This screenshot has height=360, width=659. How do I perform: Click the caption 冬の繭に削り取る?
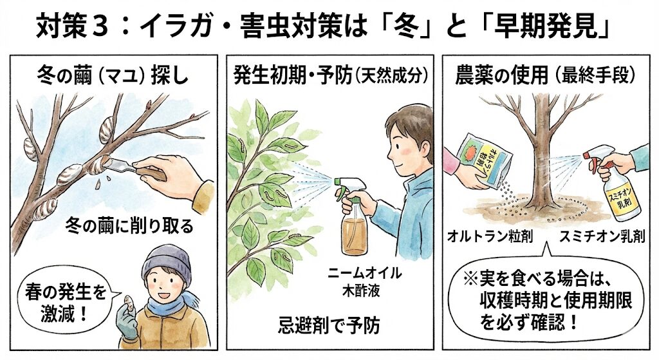129,227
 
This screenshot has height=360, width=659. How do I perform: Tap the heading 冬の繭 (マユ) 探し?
113,77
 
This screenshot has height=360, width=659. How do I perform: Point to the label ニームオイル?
364,273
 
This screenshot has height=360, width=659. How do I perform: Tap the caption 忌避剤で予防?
329,325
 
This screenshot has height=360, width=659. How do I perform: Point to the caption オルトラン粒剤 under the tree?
490,236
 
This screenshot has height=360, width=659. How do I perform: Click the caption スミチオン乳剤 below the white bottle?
602,236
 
